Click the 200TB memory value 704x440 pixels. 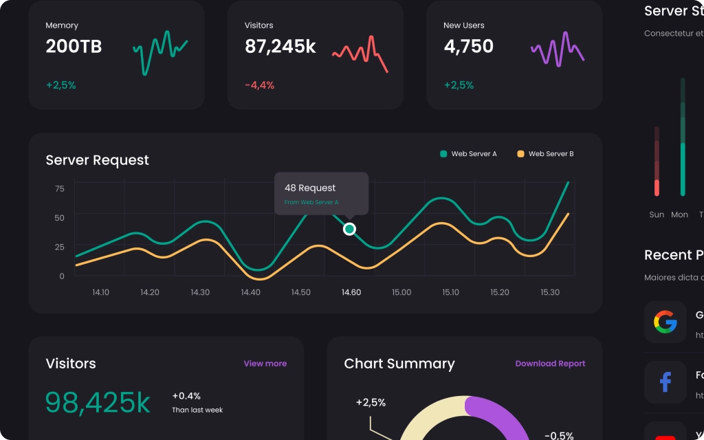74,47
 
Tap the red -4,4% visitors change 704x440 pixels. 259,85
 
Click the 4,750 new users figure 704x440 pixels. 468,47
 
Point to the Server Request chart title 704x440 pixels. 97,160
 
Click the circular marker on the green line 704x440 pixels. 349,229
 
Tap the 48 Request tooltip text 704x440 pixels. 310,188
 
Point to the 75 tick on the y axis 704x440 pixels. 60,189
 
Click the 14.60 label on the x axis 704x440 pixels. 351,292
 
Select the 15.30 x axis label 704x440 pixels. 550,292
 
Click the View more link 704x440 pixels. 265,364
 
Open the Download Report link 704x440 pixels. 550,364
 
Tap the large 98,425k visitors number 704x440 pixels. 98,403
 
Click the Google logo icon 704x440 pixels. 665,322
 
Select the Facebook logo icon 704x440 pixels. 665,382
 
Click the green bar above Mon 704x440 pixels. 683,168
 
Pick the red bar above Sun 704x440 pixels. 657,187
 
